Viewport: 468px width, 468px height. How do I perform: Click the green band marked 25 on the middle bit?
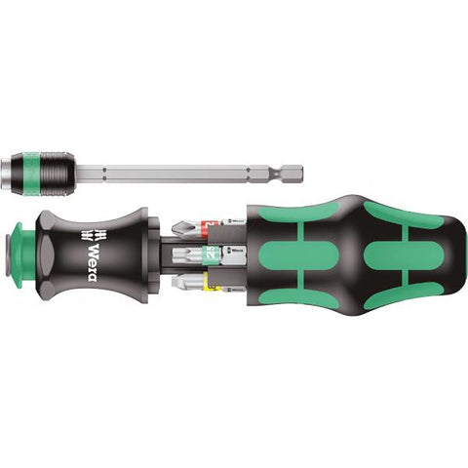coord(209,256)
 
